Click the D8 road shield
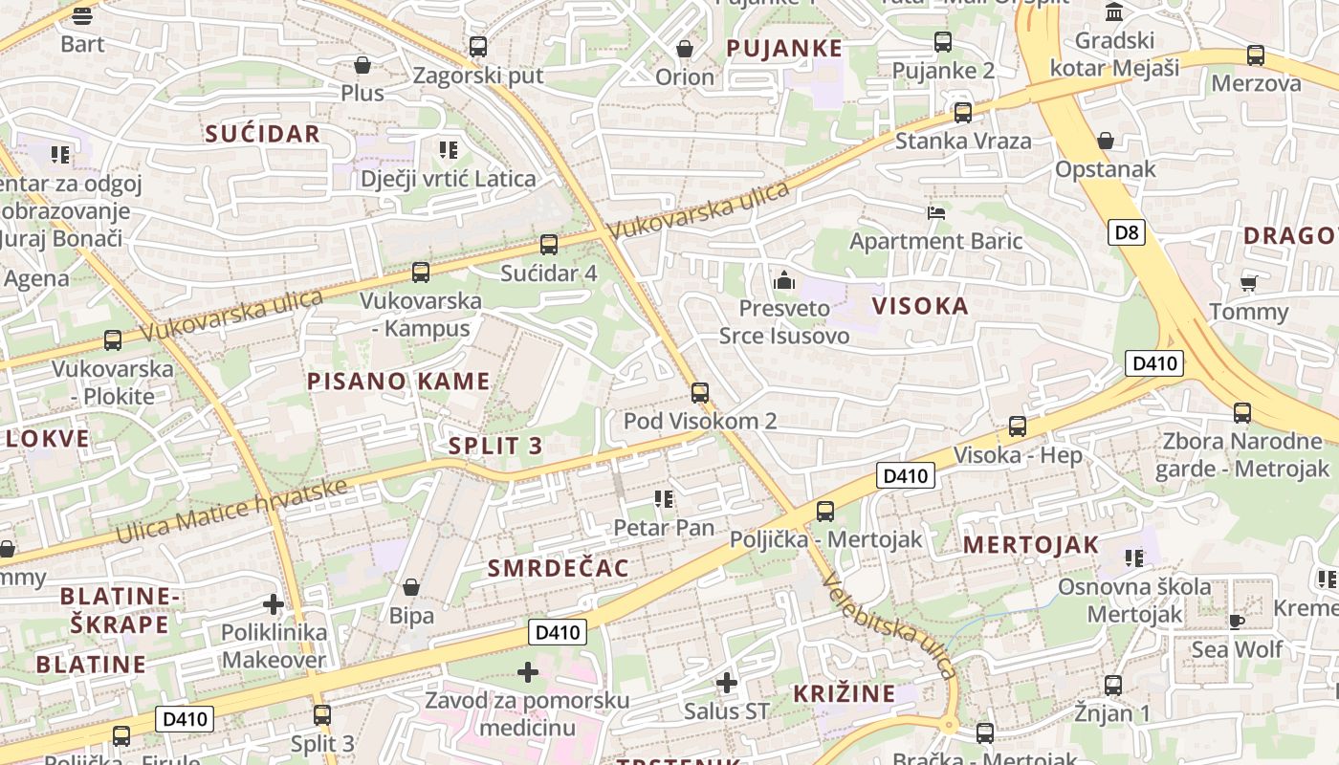pos(1128,232)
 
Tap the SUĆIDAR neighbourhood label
pos(262,134)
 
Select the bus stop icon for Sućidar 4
pos(548,245)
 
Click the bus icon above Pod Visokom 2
pos(699,392)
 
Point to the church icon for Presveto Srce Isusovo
pos(784,280)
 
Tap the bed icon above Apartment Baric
pos(935,212)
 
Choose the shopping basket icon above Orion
pos(685,49)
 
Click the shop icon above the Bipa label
pos(411,587)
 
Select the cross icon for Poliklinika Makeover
pos(274,604)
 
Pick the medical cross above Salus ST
pos(727,683)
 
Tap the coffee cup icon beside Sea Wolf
pos(1236,622)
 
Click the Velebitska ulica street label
pos(889,626)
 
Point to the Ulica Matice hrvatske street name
pos(230,511)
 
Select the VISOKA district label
pos(920,306)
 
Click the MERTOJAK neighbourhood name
pos(1031,545)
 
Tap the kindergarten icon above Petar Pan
pos(663,499)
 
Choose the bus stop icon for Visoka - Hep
pos(1018,426)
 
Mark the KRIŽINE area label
pos(845,693)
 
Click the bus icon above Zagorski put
pos(478,47)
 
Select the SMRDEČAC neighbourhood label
pos(559,568)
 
